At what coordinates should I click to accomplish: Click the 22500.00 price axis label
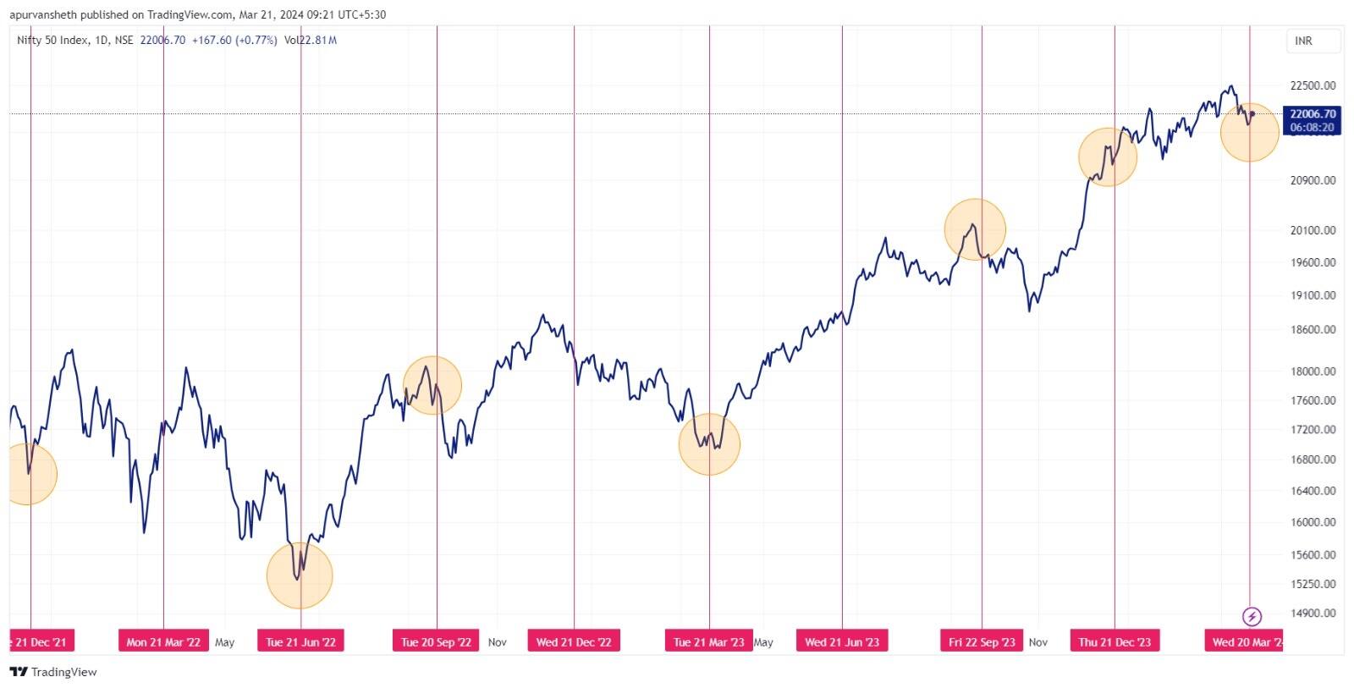click(x=1313, y=85)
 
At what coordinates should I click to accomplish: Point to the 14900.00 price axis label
click(x=1313, y=614)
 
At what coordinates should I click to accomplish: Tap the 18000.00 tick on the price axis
click(x=1313, y=372)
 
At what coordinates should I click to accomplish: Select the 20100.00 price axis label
click(x=1313, y=230)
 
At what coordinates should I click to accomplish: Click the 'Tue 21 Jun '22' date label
click(x=300, y=642)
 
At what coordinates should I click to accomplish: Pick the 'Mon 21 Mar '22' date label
click(x=163, y=642)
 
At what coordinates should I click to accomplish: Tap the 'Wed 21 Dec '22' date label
click(x=574, y=642)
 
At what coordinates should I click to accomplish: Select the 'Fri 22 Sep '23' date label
click(x=982, y=642)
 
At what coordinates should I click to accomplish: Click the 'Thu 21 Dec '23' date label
click(x=1115, y=642)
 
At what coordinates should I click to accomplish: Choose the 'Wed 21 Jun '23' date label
click(x=842, y=642)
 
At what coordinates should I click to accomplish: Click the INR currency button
click(x=1304, y=41)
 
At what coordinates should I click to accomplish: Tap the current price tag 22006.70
click(x=1313, y=114)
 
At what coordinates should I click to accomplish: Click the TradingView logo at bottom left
click(x=53, y=672)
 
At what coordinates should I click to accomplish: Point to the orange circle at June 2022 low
click(x=300, y=575)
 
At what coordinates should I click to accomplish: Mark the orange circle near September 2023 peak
click(x=975, y=229)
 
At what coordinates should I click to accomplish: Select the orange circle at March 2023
click(x=709, y=444)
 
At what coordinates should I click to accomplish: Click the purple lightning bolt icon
click(x=1252, y=616)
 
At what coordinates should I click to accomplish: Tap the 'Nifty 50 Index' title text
click(x=52, y=40)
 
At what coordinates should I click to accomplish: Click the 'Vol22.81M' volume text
click(x=311, y=40)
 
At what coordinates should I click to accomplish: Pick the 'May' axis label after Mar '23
click(x=763, y=642)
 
